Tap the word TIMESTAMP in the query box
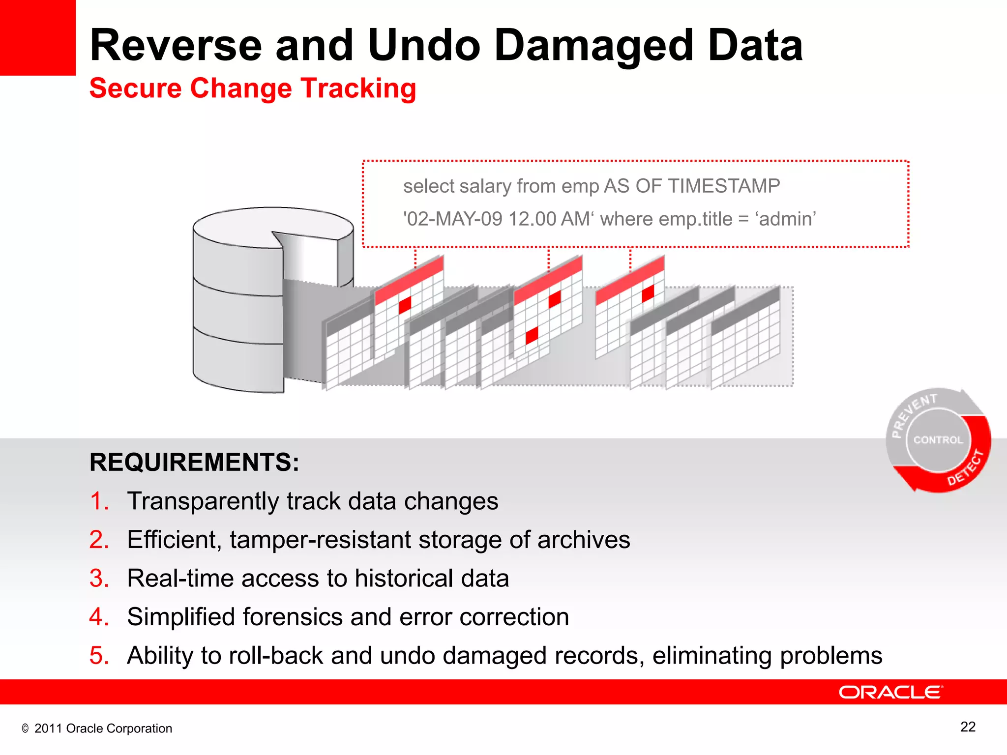[x=724, y=186]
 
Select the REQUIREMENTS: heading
[x=194, y=463]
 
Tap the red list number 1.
[x=99, y=501]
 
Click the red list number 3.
[x=99, y=579]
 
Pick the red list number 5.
[x=99, y=656]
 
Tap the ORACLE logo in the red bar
[x=890, y=692]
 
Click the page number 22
[x=968, y=727]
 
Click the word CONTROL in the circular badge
[x=938, y=440]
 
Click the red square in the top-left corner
[x=37, y=37]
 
